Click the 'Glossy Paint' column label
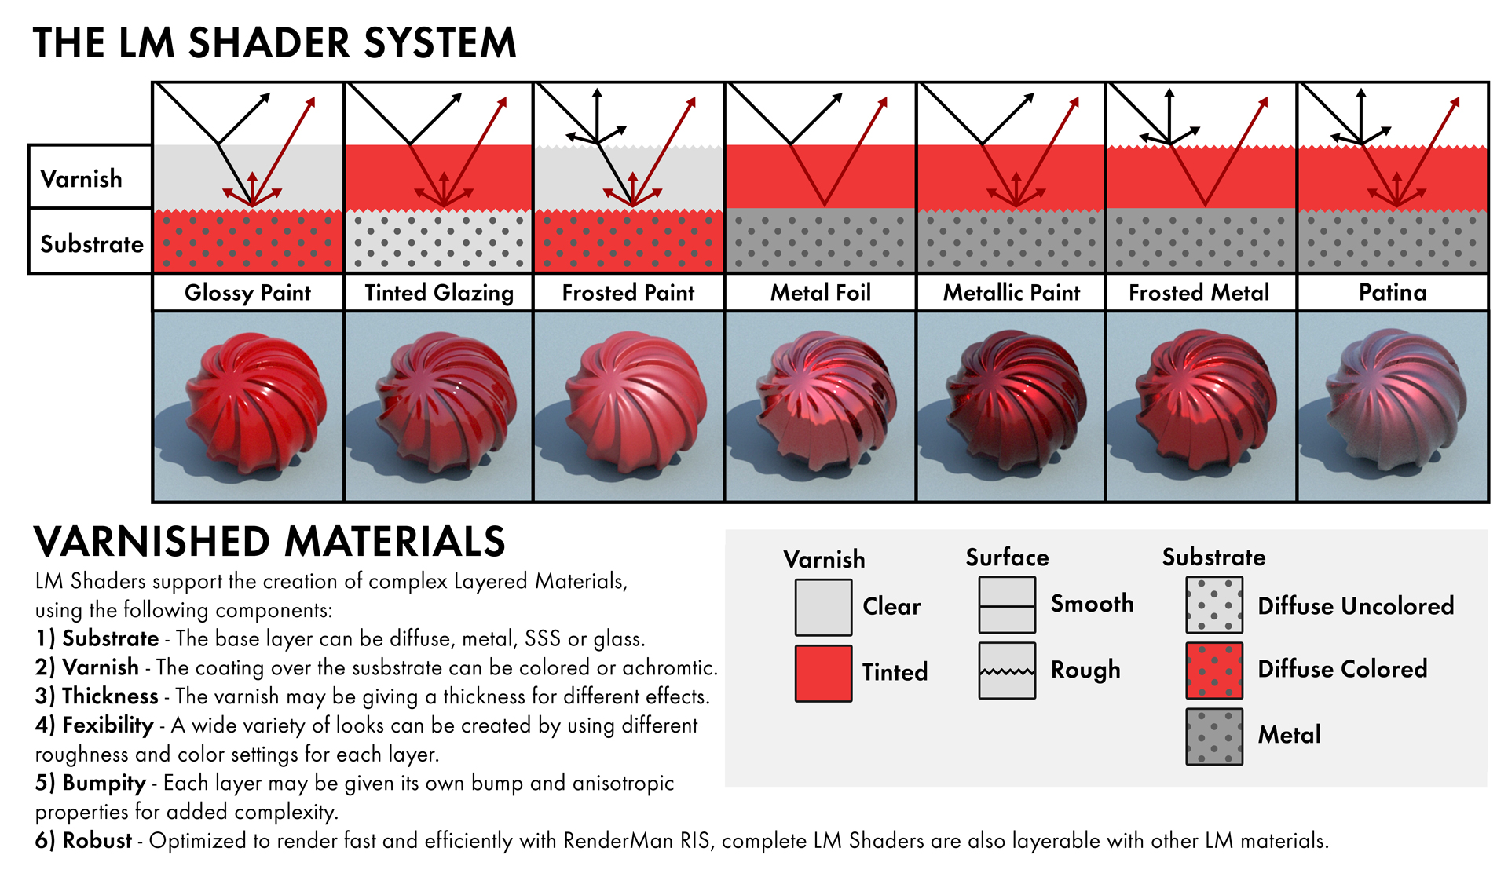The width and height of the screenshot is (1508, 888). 247,293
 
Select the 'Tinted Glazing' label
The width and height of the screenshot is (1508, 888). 439,293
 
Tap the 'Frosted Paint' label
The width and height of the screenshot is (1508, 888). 628,293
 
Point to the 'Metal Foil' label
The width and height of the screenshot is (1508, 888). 821,293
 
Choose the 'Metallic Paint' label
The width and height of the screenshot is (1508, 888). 1012,293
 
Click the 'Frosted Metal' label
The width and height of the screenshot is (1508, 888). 1199,293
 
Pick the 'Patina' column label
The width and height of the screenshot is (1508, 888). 1393,293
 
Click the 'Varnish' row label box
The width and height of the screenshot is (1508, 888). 90,177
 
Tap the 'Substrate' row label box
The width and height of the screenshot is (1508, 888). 90,243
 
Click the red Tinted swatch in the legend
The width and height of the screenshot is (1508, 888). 823,673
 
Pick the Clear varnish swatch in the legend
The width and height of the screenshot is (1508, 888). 823,607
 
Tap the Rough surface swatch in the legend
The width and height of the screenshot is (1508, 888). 1007,671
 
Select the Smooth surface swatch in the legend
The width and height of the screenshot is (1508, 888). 1007,605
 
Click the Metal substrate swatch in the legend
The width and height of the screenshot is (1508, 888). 1214,736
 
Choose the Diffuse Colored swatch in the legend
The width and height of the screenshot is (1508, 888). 1214,671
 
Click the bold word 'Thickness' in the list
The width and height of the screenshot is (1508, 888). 110,696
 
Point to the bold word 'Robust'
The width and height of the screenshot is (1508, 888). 97,841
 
